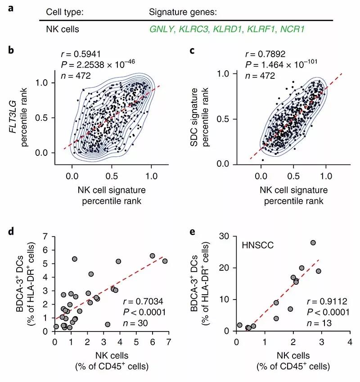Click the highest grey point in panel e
[313, 243]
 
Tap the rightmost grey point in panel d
[165, 261]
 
